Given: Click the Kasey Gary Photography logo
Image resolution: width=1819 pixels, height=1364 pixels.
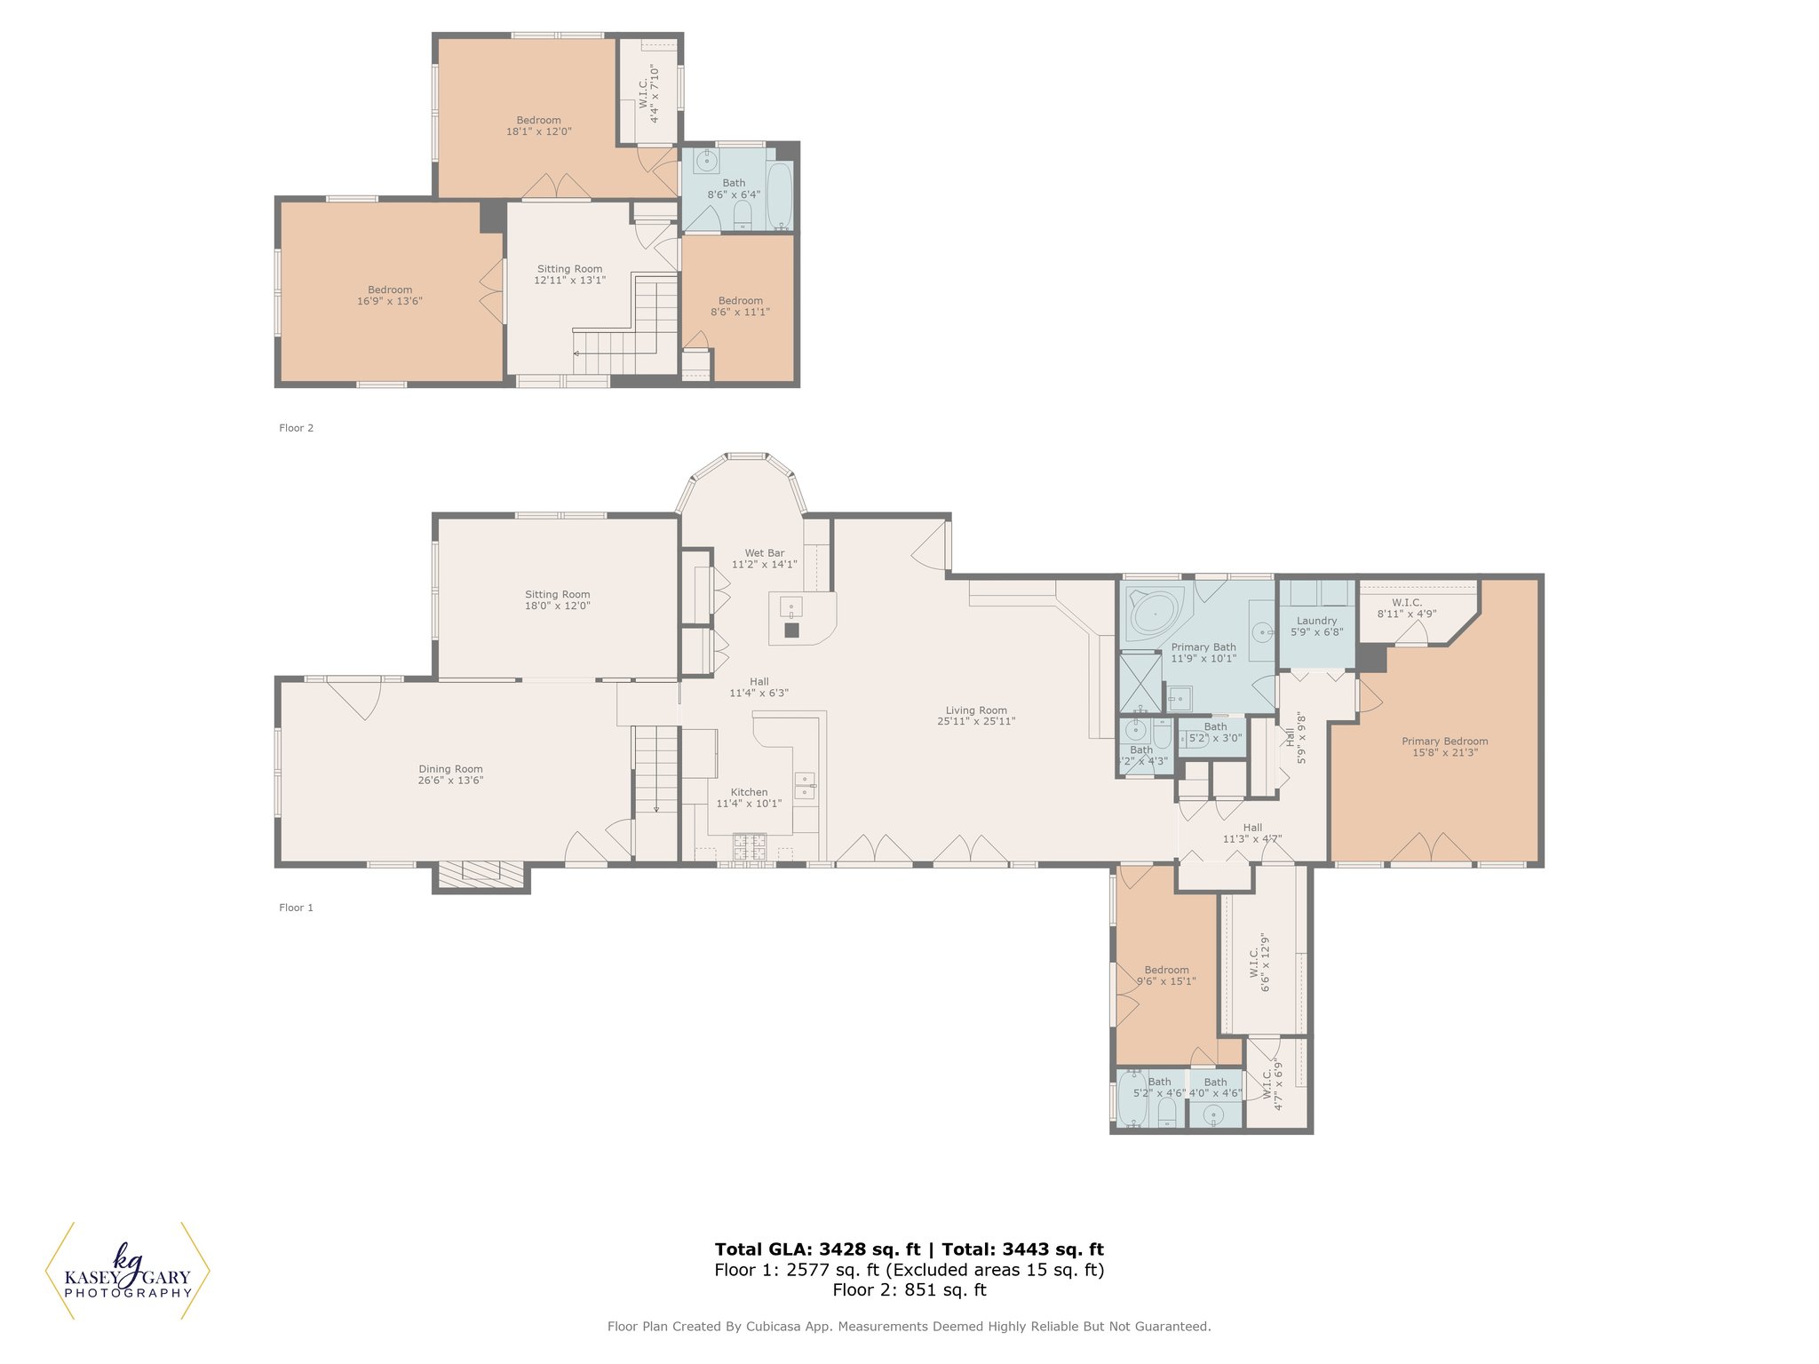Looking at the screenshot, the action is [x=128, y=1272].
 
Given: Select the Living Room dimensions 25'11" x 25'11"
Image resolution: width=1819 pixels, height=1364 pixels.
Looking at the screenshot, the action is [x=976, y=722].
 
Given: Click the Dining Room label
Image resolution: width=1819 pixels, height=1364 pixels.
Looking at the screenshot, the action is [x=450, y=769].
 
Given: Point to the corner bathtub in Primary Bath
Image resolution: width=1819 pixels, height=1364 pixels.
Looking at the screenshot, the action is [x=1153, y=614].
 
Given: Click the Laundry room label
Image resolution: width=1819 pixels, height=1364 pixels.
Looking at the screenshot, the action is [x=1316, y=621].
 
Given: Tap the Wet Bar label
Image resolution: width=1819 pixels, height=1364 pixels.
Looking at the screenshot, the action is [x=764, y=553].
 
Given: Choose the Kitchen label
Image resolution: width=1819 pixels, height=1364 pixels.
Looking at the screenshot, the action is [x=749, y=792].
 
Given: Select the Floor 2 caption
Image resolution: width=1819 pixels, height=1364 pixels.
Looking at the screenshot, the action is [x=296, y=428].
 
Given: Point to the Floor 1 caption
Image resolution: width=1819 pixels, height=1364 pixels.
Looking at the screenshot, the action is [x=296, y=908].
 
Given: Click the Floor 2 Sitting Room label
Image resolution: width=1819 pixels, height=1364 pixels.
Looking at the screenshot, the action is [x=569, y=269].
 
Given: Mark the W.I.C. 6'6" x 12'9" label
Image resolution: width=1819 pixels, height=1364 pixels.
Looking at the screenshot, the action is [x=1259, y=964].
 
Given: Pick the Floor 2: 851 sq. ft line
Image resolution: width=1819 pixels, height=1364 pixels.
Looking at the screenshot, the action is [x=909, y=1290].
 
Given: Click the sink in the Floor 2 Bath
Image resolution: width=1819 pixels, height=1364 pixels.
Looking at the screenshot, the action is [x=708, y=161].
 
